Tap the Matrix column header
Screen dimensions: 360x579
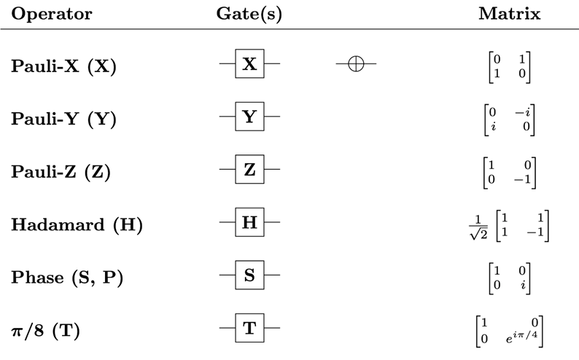point(509,14)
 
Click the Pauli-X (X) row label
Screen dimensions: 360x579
point(63,66)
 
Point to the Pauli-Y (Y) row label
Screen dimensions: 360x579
point(63,119)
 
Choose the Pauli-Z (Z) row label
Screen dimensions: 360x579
point(63,172)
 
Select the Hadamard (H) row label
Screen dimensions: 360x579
point(76,224)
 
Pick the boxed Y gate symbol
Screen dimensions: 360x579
point(249,118)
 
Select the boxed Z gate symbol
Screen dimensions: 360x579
point(249,171)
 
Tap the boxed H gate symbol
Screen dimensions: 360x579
point(249,224)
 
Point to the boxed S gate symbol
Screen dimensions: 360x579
point(249,277)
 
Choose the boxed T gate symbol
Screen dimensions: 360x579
point(249,329)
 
